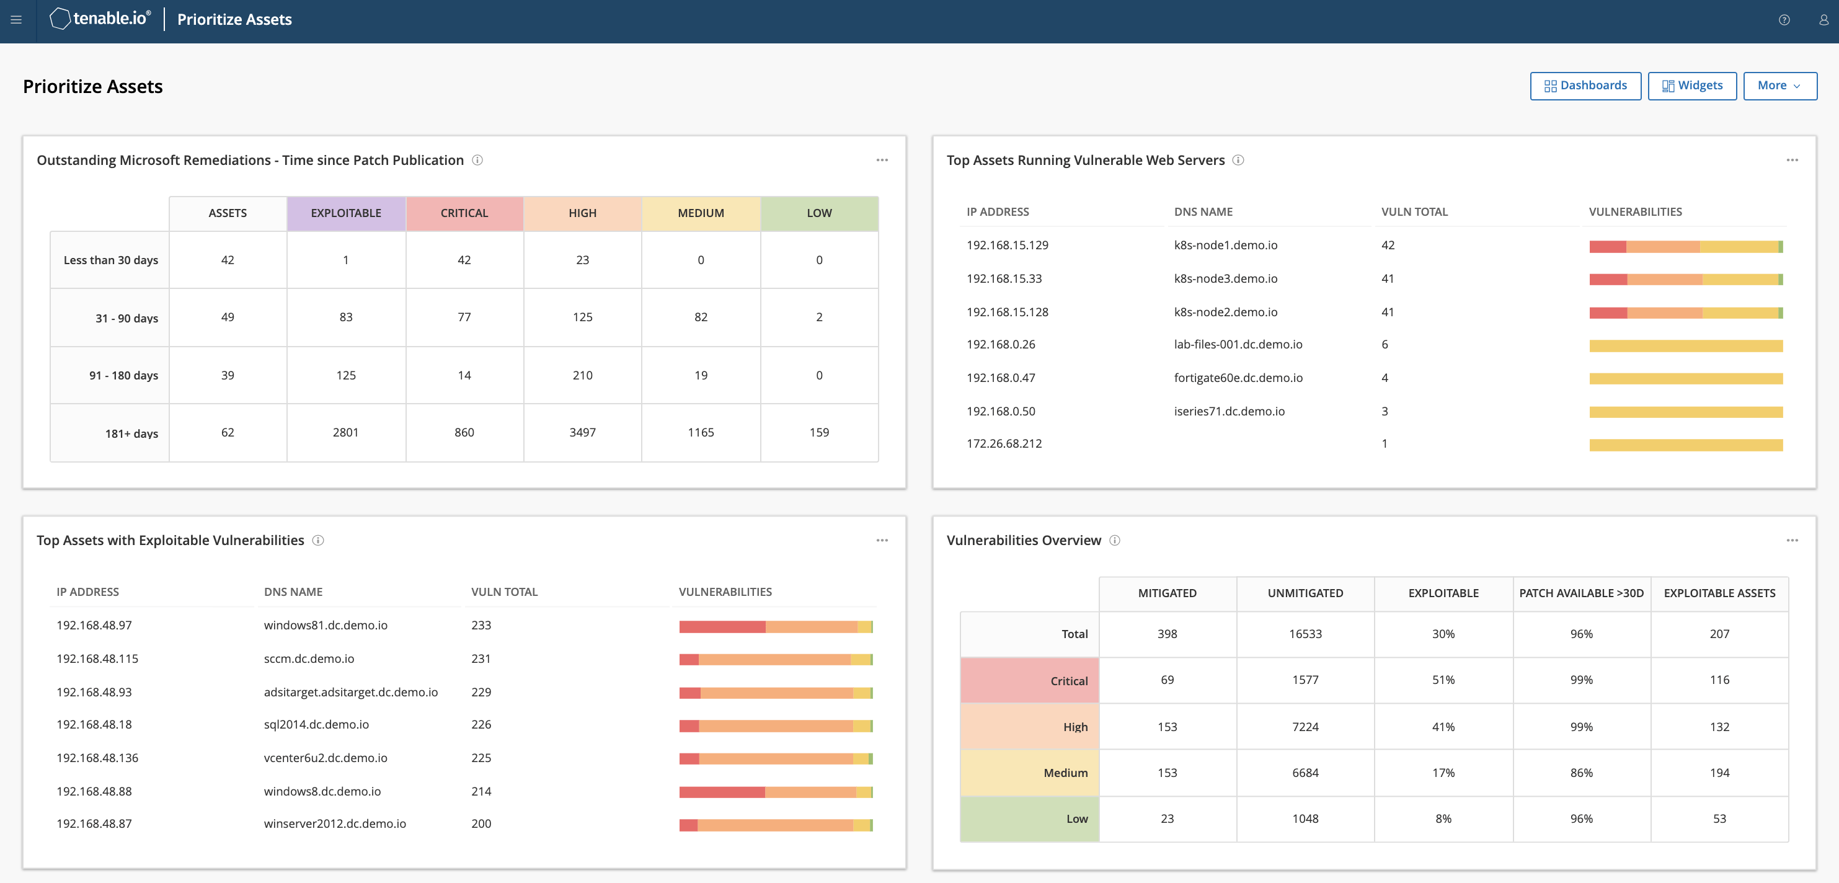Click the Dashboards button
(1585, 86)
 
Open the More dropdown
(1779, 86)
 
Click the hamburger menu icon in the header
(16, 20)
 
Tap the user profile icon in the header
(1823, 20)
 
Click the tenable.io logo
(100, 19)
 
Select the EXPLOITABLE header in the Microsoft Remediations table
(345, 213)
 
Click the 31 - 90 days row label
(126, 318)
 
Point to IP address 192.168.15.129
(1006, 246)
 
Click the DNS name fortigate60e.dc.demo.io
(1237, 378)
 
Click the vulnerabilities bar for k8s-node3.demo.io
(1685, 279)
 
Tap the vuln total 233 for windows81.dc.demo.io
(481, 625)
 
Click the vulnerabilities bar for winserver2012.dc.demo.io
(775, 825)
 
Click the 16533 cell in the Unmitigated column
(1305, 634)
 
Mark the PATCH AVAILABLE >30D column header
(1580, 593)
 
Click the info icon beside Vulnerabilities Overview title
(1114, 540)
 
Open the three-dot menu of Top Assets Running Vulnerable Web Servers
(1791, 160)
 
